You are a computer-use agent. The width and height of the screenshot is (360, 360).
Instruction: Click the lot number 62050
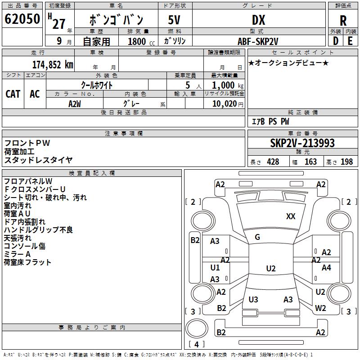pyautogui.click(x=22, y=20)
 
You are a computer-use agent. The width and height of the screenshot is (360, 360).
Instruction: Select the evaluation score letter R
pyautogui.click(x=343, y=21)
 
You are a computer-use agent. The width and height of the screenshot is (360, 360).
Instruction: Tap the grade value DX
pyautogui.click(x=258, y=20)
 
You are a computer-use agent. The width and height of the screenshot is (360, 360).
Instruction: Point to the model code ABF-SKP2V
pyautogui.click(x=258, y=41)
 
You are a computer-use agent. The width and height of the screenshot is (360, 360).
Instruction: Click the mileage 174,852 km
pyautogui.click(x=52, y=64)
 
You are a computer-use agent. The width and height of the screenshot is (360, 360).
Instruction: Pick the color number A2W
pyautogui.click(x=75, y=103)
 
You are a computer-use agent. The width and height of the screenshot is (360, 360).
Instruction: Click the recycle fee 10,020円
pyautogui.click(x=224, y=104)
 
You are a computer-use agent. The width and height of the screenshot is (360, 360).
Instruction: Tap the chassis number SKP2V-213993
pyautogui.click(x=302, y=143)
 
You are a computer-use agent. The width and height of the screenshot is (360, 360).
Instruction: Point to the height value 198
pyautogui.click(x=347, y=162)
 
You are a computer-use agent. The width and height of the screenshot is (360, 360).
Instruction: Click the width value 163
pyautogui.click(x=310, y=162)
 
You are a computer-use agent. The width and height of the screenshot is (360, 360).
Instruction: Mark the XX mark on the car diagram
pyautogui.click(x=291, y=216)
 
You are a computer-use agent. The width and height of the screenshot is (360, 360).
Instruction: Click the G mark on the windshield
pyautogui.click(x=257, y=237)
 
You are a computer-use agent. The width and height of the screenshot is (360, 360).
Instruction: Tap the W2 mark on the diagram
pyautogui.click(x=320, y=308)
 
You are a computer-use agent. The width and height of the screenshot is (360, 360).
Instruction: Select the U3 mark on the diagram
pyautogui.click(x=253, y=300)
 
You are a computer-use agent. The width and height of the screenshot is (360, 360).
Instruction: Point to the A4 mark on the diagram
pyautogui.click(x=326, y=268)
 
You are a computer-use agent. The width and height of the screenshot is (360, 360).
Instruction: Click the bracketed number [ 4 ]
pyautogui.click(x=196, y=344)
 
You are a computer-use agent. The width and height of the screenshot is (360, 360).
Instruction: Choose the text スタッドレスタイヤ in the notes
pyautogui.click(x=38, y=160)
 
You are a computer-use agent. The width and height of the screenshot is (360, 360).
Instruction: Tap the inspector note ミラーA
pyautogui.click(x=17, y=254)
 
